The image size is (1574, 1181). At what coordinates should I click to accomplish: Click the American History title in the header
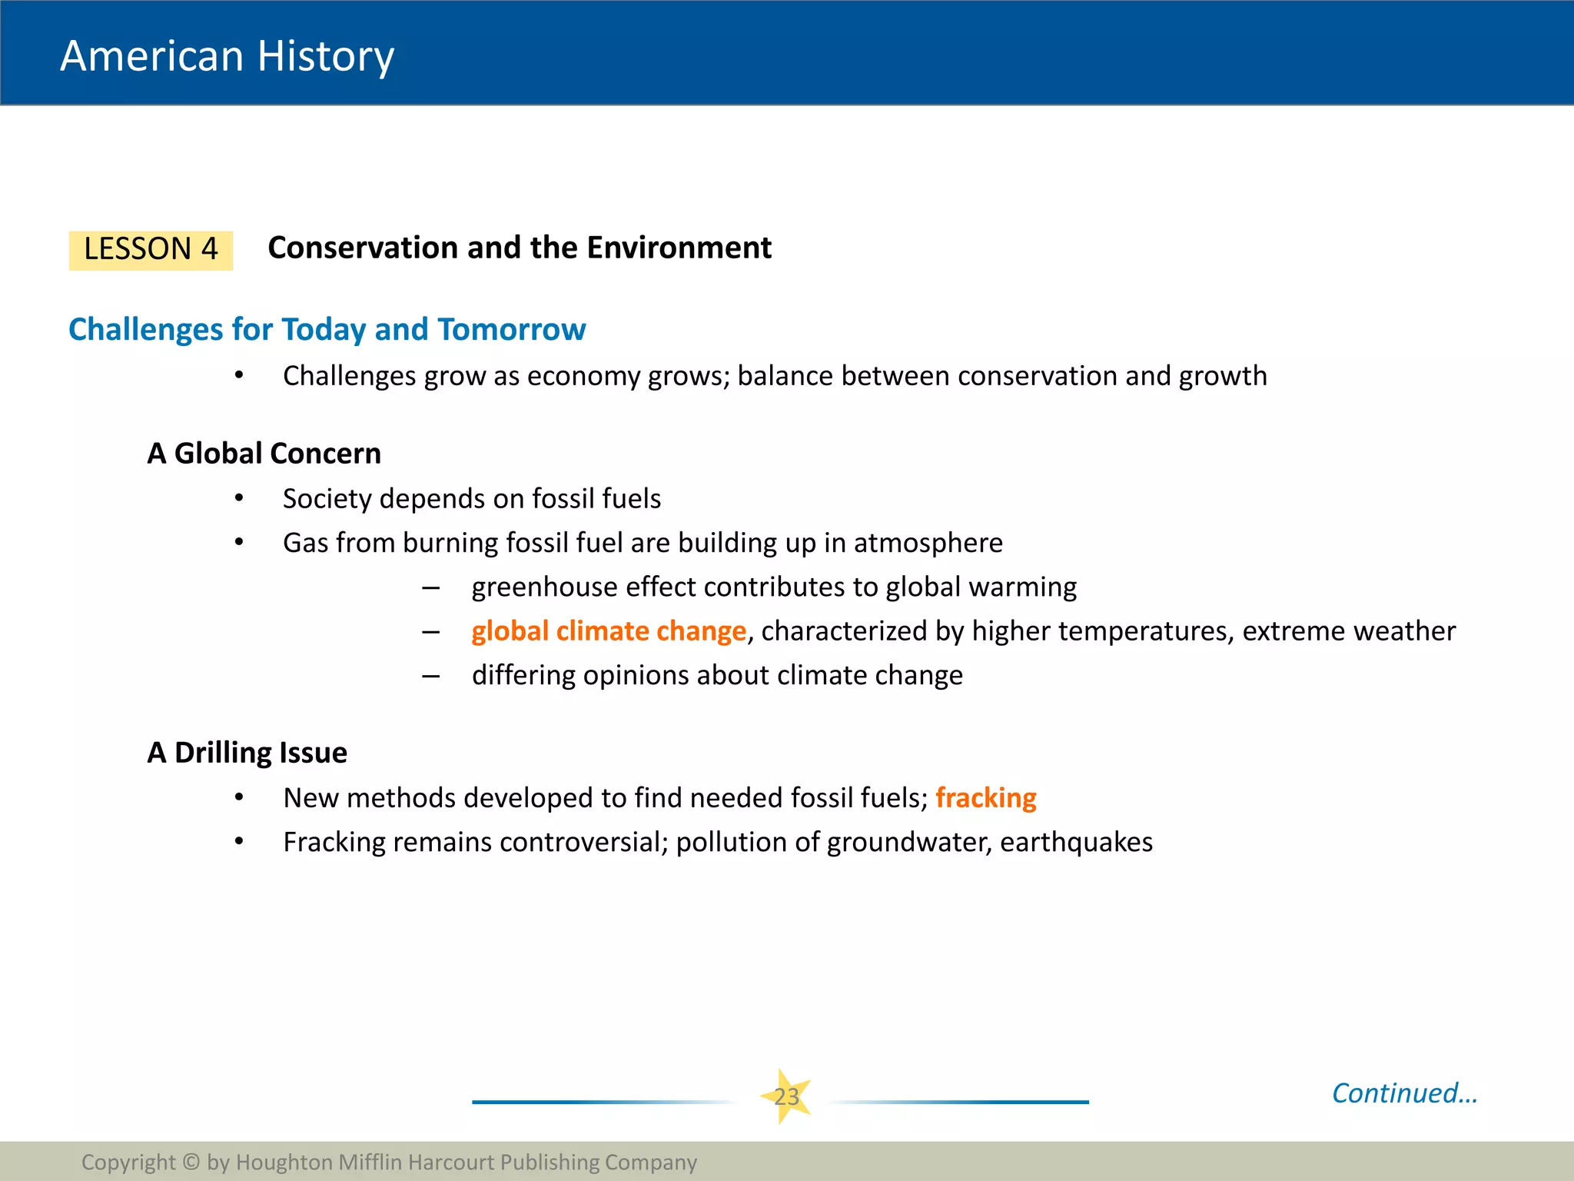click(227, 56)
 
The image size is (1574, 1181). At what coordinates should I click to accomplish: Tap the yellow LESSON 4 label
click(151, 250)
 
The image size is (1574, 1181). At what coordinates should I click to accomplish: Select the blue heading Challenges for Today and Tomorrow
click(327, 329)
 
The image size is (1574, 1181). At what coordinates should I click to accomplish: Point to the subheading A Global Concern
click(264, 454)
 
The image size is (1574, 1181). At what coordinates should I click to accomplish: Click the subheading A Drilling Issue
click(247, 753)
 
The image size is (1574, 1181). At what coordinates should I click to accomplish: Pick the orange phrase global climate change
click(609, 631)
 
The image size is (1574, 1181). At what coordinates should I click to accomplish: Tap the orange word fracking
click(985, 798)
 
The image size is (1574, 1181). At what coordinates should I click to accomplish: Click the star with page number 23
click(786, 1096)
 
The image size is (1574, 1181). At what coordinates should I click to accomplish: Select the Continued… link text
click(1404, 1093)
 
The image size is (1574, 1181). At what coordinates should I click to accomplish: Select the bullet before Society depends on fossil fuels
click(239, 499)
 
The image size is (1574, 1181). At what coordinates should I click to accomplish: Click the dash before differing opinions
click(430, 677)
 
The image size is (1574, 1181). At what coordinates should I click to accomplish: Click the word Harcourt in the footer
click(451, 1162)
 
